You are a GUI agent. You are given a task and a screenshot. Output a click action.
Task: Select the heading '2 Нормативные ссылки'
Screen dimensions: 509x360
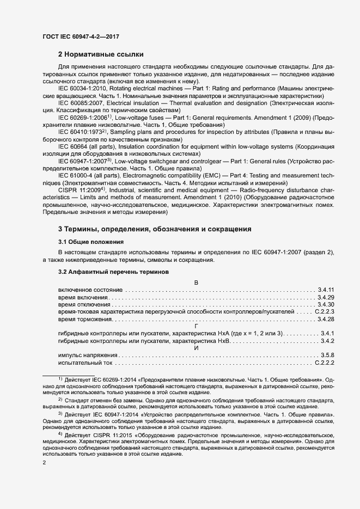pyautogui.click(x=101, y=54)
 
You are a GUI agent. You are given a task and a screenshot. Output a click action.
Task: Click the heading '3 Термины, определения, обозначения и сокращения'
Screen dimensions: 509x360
pyautogui.click(x=155, y=229)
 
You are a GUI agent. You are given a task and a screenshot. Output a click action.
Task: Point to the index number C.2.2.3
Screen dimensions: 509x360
pyautogui.click(x=324, y=312)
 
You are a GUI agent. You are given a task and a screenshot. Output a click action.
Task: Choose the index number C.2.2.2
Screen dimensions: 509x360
pyautogui.click(x=324, y=363)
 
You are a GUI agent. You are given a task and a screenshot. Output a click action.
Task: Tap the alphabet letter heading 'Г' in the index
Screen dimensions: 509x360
pyautogui.click(x=196, y=326)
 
